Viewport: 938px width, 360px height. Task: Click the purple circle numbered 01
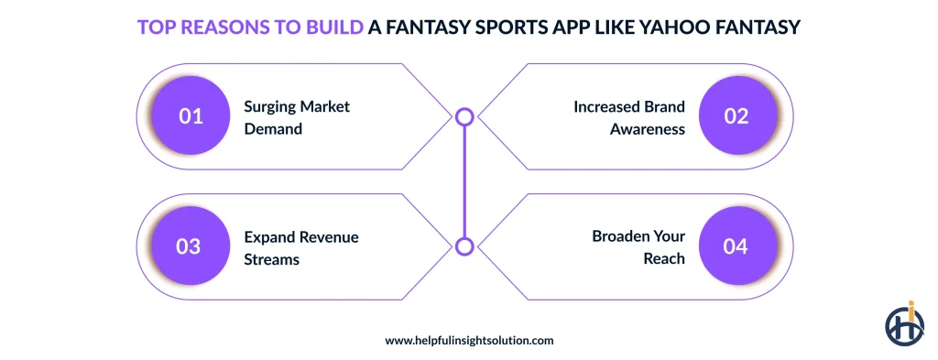tap(191, 116)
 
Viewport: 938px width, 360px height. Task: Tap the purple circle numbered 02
tap(736, 116)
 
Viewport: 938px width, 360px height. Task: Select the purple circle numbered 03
tap(189, 247)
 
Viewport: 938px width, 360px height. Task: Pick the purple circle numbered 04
tap(736, 247)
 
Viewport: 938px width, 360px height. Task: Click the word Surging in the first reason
tap(269, 106)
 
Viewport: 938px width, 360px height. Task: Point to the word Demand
tap(273, 129)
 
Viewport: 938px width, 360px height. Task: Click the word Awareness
tap(648, 129)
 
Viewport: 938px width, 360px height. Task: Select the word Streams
tap(271, 259)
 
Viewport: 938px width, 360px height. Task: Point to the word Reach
tap(664, 259)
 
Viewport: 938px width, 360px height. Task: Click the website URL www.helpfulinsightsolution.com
tap(469, 340)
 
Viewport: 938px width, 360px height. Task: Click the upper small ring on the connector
tap(464, 116)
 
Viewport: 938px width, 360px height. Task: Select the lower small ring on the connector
tap(464, 245)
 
